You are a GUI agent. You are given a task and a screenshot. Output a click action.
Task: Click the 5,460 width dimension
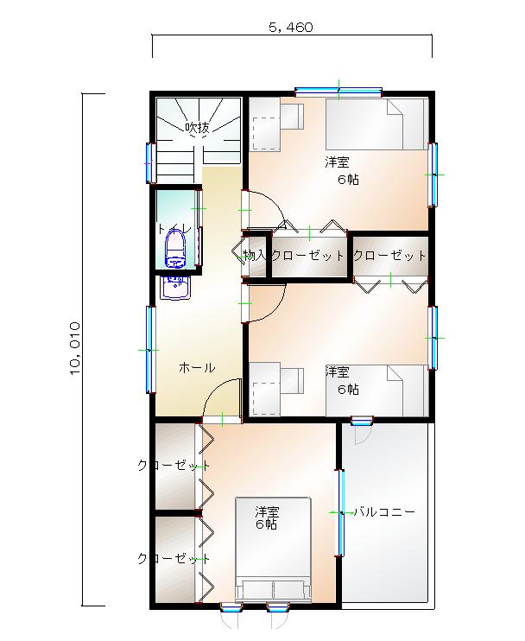coord(291,28)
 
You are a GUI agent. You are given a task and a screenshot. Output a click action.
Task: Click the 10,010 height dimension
coord(75,348)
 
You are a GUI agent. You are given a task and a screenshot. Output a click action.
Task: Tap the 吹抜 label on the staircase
coord(198,128)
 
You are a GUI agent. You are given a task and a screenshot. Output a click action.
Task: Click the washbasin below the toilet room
coord(175,288)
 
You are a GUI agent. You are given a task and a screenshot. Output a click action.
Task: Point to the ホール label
coord(197,368)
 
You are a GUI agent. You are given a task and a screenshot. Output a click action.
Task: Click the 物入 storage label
coord(255,256)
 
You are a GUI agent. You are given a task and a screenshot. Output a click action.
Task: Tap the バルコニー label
coord(384,511)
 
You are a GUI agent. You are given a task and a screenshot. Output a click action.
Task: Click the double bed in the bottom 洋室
coord(273,549)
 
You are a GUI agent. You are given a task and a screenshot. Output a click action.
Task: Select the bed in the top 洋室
coord(376,124)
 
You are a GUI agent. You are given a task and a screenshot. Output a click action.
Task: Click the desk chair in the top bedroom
coord(292,116)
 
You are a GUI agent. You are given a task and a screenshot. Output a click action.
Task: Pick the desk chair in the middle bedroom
coord(292,381)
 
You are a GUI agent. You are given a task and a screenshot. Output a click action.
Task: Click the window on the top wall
coord(338,92)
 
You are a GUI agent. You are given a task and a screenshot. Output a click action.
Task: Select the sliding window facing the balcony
coord(340,512)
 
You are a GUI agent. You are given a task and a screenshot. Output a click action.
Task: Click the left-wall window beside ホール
coord(151,350)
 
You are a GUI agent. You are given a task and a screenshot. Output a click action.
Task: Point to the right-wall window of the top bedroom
coord(433,175)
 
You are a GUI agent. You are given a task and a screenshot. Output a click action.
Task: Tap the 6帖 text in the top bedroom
coord(348,179)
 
